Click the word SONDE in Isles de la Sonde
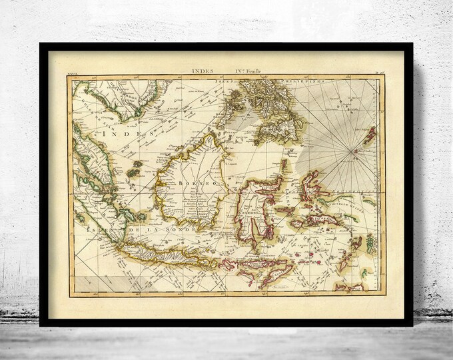coord(176,230)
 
